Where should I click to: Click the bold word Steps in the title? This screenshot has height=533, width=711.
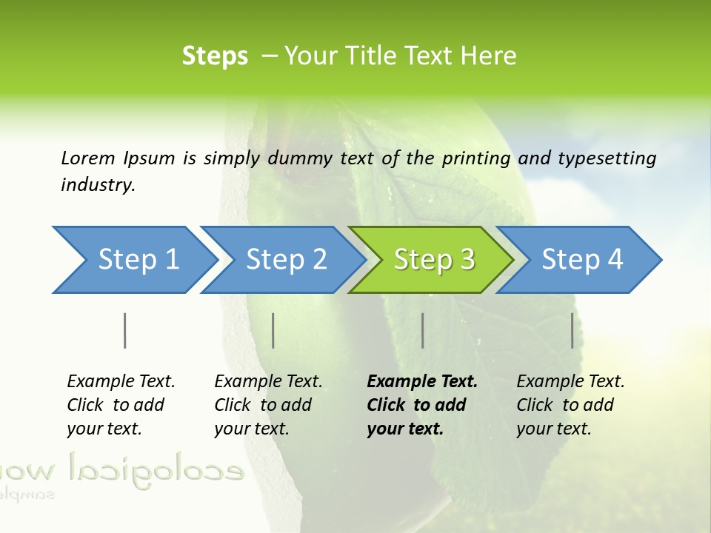click(x=215, y=56)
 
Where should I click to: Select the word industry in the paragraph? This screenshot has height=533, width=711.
click(x=97, y=185)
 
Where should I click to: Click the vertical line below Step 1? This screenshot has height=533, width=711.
click(x=124, y=330)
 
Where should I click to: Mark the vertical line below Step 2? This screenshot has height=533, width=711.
click(x=273, y=330)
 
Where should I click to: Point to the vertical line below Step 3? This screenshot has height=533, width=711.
click(x=422, y=330)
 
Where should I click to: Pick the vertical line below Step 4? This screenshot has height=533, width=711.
click(x=572, y=330)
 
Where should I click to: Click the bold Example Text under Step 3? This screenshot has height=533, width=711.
click(x=422, y=382)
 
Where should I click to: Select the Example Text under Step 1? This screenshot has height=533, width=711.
click(x=121, y=382)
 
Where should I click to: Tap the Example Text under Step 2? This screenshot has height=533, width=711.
click(x=268, y=382)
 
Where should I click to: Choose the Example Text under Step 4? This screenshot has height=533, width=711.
click(x=570, y=382)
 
